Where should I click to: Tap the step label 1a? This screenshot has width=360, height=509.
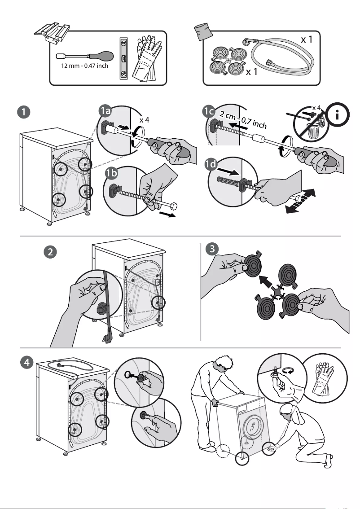coord(106,111)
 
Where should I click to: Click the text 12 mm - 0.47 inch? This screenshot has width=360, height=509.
coord(84,66)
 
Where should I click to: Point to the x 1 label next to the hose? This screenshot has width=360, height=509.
coord(307,40)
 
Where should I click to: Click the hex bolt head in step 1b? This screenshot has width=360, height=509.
coord(173,206)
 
